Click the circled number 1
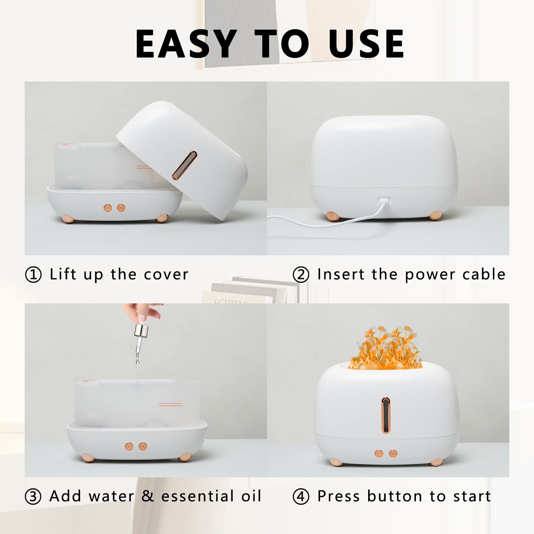tap(33, 275)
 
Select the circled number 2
tap(301, 275)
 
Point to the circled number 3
tap(33, 497)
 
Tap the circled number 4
tap(301, 497)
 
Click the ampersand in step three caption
tap(148, 496)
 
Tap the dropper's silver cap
tap(141, 330)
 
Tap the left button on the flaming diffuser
tap(379, 454)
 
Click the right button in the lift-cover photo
tap(121, 208)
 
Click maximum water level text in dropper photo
tap(171, 406)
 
